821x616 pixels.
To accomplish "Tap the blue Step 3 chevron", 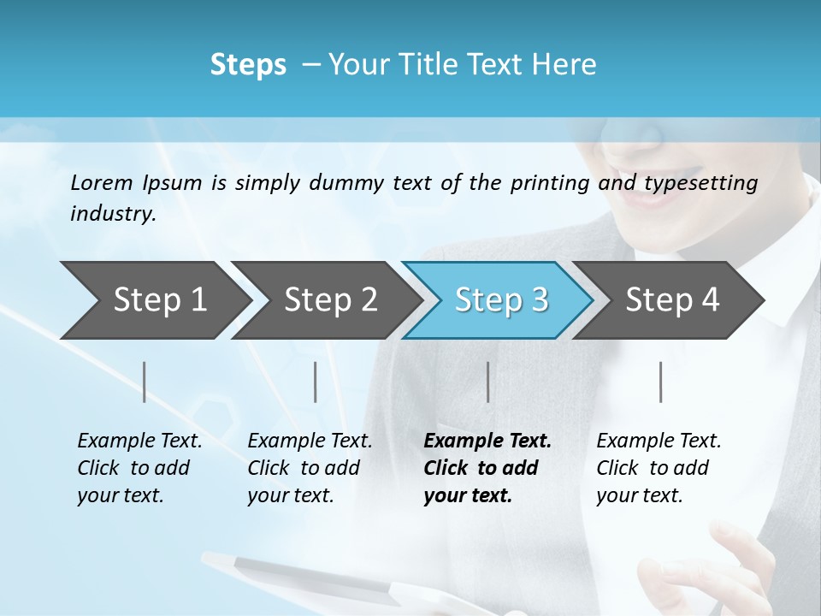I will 501,299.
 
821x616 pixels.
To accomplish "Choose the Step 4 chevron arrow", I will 672,299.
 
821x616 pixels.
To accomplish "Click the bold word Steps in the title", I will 248,65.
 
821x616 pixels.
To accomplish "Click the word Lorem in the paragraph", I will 100,182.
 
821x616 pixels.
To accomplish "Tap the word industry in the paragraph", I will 112,214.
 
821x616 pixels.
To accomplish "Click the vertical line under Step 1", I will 145,382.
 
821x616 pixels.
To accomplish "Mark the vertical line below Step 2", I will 316,382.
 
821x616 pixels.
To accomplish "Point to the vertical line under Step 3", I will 488,382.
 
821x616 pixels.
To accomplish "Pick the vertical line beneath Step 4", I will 661,382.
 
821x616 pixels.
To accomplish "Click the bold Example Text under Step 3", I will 487,468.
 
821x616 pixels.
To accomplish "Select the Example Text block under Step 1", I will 139,468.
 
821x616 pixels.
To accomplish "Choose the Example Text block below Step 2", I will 310,468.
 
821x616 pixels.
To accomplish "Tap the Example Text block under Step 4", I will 659,468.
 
